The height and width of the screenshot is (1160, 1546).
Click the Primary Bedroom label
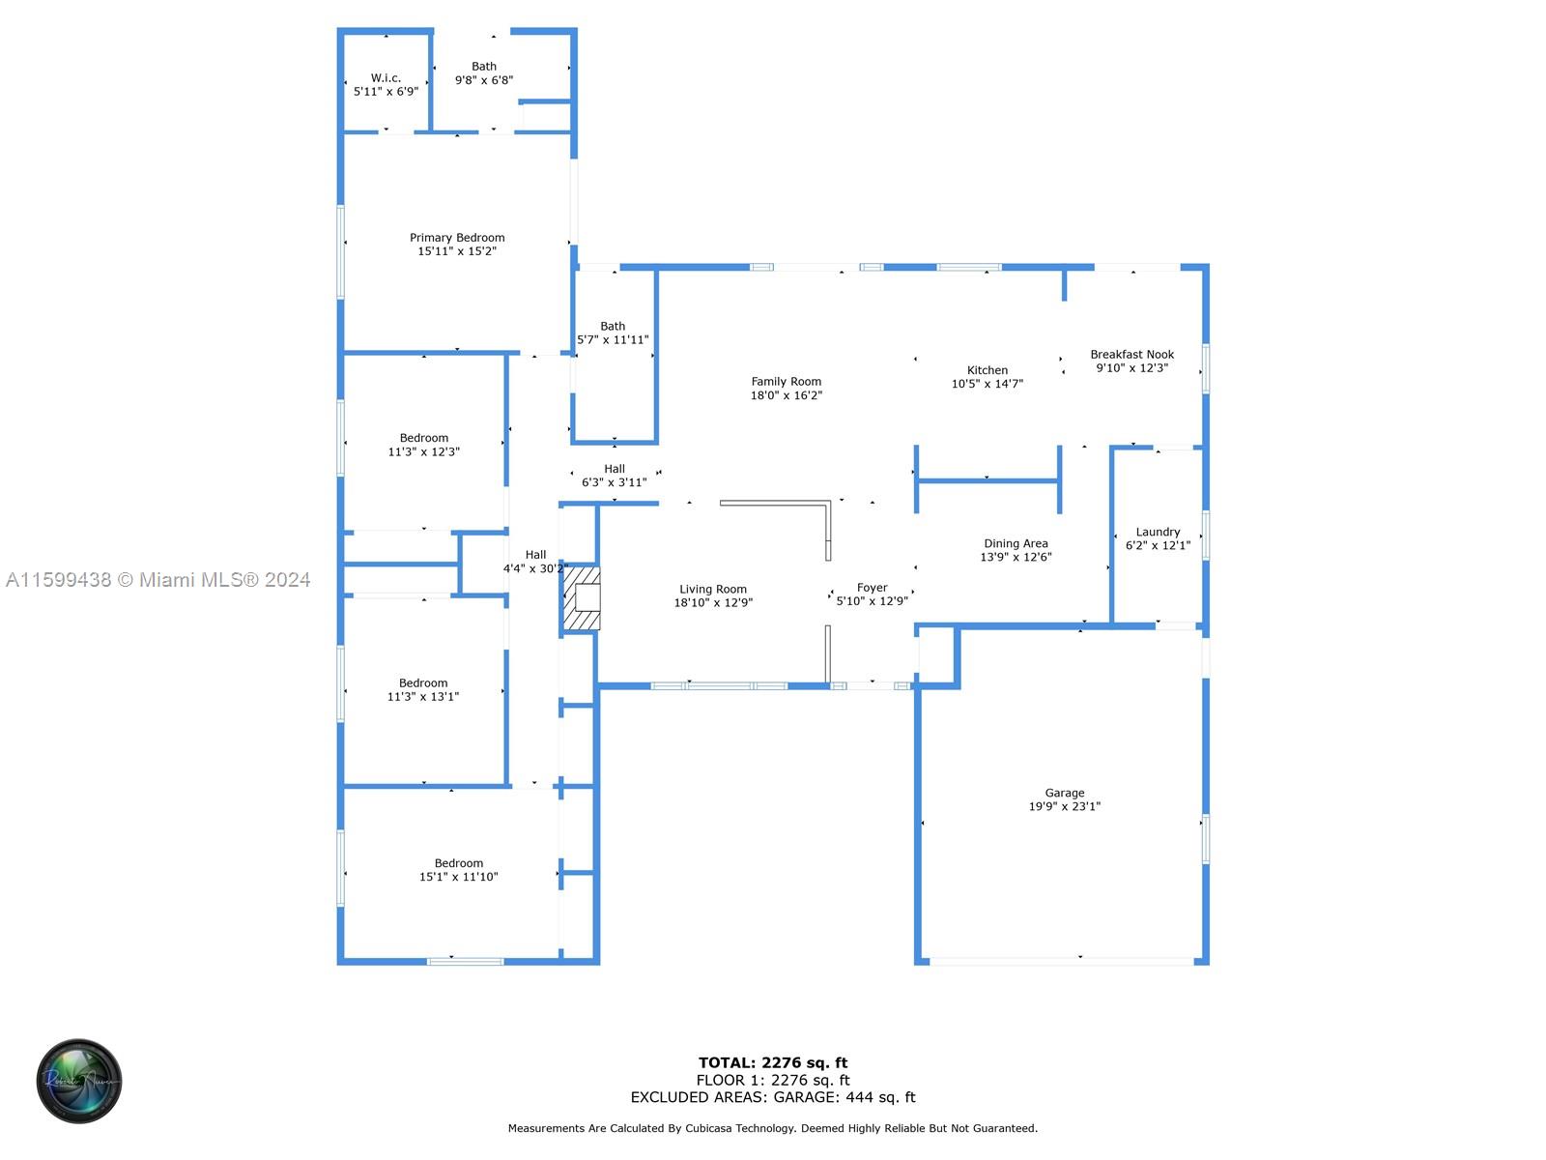[456, 238]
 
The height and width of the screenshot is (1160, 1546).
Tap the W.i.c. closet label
[386, 77]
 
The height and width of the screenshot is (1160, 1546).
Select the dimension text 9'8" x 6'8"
[484, 80]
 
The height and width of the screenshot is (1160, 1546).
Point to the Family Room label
[786, 381]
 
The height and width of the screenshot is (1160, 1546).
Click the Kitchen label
[987, 370]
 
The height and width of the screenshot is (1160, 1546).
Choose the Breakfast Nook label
[1131, 354]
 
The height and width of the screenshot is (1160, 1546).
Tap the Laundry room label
[1158, 532]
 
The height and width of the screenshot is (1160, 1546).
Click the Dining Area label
[1016, 543]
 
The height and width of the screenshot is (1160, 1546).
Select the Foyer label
[872, 588]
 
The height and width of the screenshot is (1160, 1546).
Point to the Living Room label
[713, 589]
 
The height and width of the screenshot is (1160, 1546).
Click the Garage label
[1064, 793]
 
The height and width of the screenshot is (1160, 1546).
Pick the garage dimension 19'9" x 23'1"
[1064, 806]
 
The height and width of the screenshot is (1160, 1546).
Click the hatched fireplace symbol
[582, 598]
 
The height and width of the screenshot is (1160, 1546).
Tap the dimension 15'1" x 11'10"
[459, 877]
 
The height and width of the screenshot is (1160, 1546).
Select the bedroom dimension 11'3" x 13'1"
[422, 697]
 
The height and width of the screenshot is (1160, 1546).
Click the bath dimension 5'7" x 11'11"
[613, 339]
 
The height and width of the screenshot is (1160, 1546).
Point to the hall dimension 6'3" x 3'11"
[615, 482]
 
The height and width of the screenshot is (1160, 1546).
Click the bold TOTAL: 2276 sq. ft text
[773, 1062]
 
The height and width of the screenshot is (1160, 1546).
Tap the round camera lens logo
[79, 1081]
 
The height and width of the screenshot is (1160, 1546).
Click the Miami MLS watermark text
[157, 580]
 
